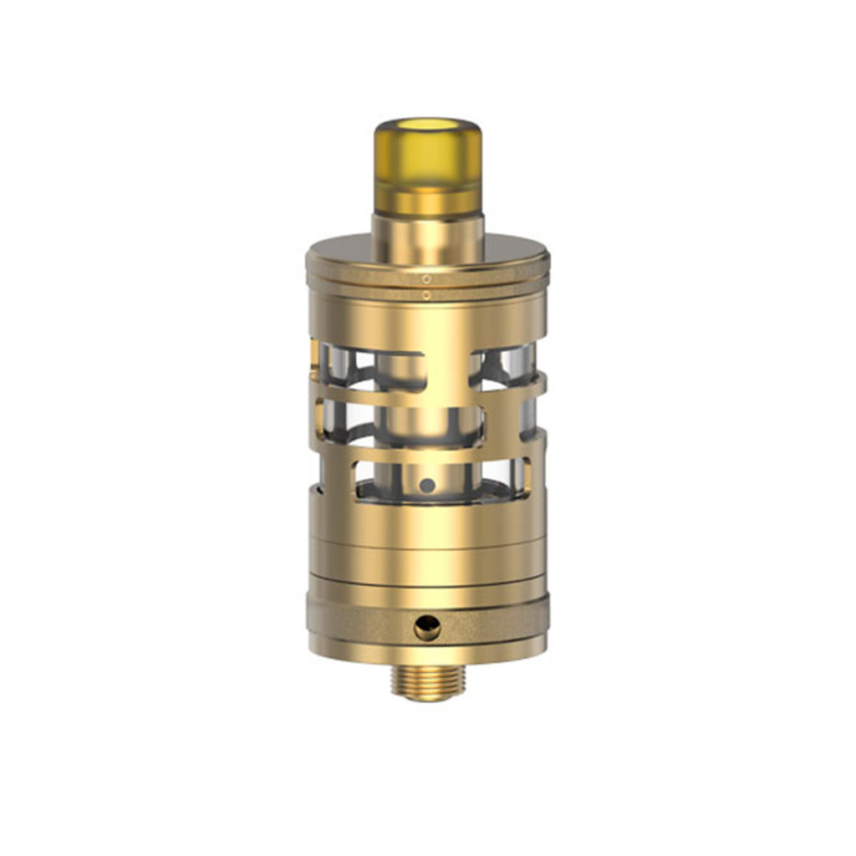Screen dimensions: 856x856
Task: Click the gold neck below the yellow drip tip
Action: coord(427,238)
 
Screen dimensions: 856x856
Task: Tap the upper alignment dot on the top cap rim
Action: coord(426,278)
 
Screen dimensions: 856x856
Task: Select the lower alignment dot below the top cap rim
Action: coord(426,294)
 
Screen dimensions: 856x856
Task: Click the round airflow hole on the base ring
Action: coord(427,626)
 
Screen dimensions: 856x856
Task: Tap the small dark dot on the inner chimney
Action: coord(427,484)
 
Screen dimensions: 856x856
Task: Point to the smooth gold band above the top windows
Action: coord(427,322)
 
